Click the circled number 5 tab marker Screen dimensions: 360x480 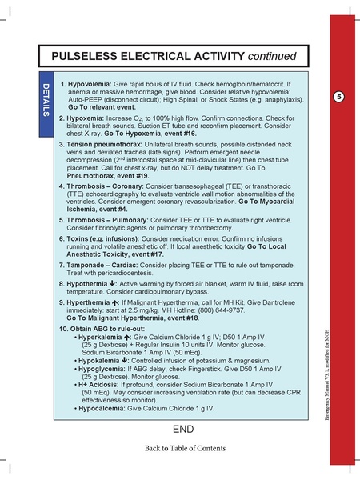(339, 97)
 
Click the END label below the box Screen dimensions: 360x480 (183, 430)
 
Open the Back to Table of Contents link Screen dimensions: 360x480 (185, 448)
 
